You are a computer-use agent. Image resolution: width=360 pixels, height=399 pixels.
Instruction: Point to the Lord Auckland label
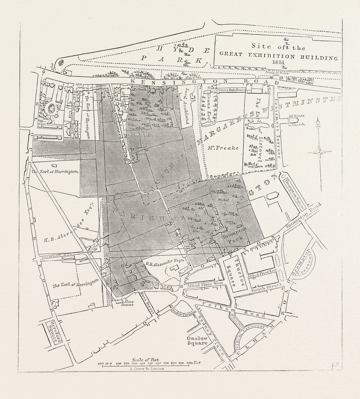pos(187,105)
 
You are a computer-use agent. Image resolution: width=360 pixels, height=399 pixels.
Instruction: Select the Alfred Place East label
pos(262,274)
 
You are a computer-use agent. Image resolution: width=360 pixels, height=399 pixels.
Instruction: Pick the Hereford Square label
pos(52,332)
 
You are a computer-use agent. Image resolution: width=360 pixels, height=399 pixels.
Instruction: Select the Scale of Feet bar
pos(150,365)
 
